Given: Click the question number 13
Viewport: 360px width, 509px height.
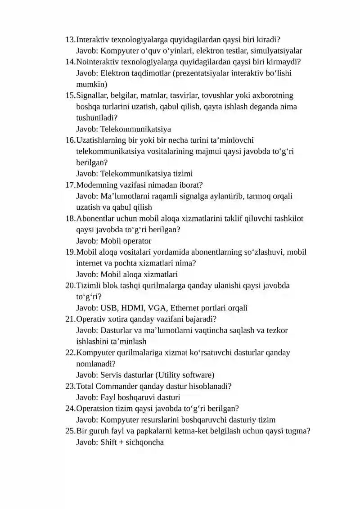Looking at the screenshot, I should point(70,40).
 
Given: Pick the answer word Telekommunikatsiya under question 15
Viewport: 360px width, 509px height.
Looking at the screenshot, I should point(135,129).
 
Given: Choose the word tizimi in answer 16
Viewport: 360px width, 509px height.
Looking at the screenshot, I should point(182,174).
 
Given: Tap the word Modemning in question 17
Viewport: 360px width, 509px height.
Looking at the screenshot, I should point(95,185).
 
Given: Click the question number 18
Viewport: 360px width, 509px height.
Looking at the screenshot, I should point(70,219).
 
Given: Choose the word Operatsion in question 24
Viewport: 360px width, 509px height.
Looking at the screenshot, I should point(95,409).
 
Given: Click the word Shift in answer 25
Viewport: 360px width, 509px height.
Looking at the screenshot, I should point(109,442).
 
